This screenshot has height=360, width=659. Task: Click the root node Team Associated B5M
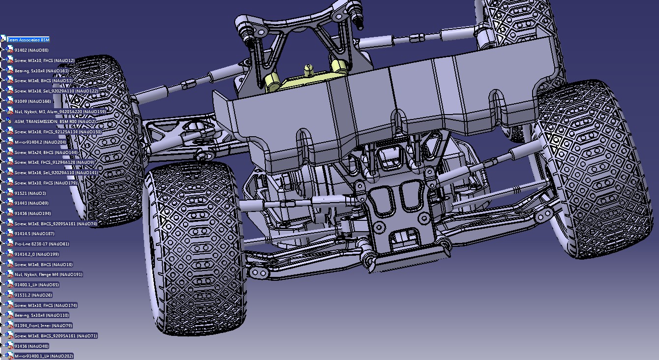28,40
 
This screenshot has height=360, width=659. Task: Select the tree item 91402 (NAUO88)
31,50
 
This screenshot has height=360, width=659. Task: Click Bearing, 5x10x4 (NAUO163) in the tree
41,71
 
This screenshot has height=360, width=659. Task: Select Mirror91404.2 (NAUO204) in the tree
40,142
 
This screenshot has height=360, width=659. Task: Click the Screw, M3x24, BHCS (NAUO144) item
46,152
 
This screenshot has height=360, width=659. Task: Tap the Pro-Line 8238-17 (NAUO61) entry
42,244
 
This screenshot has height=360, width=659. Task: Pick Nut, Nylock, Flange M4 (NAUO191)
48,274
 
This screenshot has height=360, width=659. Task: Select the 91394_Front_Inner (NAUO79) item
43,326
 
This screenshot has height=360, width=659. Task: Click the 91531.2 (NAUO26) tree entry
33,295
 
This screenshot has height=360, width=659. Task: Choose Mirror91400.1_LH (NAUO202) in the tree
44,356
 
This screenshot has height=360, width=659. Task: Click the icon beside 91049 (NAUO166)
10,101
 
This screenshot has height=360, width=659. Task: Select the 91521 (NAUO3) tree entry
30,193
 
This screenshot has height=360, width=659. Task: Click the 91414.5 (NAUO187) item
34,234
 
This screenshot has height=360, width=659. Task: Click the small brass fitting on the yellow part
308,69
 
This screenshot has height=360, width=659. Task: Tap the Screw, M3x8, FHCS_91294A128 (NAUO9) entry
54,162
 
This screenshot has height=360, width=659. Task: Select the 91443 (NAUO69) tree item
31,203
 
